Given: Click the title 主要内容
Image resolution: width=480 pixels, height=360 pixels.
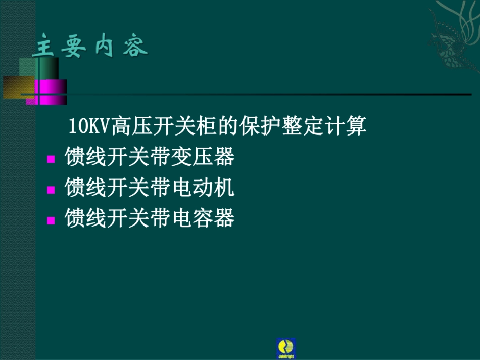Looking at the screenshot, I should tap(90, 47).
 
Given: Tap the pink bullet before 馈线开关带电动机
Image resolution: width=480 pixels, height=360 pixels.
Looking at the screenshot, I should tap(51, 190).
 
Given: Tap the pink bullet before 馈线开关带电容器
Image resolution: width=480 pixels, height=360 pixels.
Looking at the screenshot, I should tap(51, 220).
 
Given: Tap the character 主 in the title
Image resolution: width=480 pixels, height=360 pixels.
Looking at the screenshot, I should tap(42, 47).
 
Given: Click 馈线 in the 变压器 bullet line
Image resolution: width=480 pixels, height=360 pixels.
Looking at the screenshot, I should tap(86, 158).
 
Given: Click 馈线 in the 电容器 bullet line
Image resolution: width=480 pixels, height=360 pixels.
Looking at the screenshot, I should tap(86, 218).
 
